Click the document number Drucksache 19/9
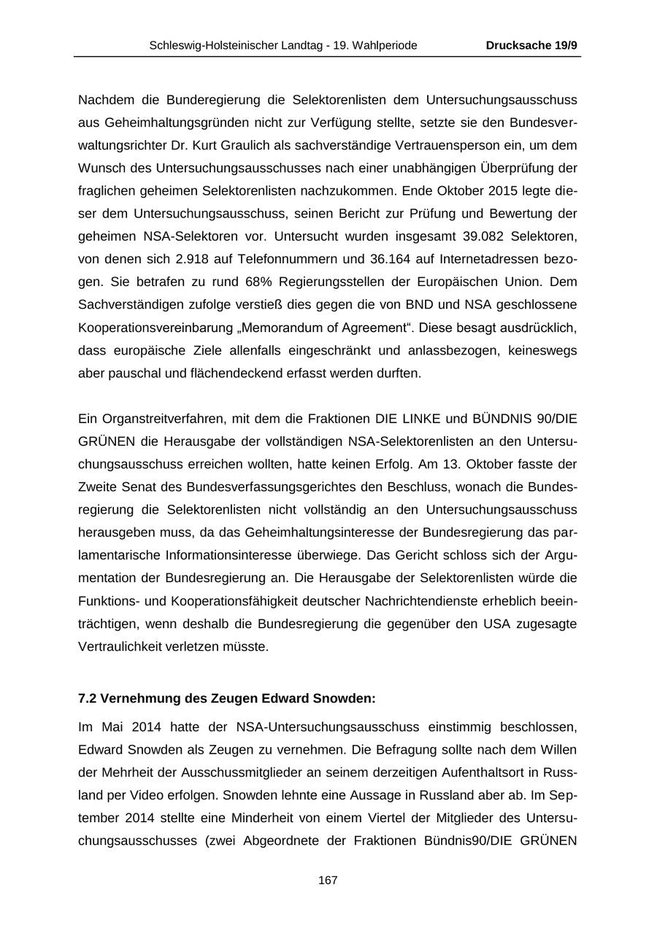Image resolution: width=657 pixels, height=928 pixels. tap(531, 45)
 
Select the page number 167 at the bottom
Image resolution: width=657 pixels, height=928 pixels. tap(328, 881)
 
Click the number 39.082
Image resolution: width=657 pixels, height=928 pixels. tap(486, 236)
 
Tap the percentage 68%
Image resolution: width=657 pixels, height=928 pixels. tap(231, 282)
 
